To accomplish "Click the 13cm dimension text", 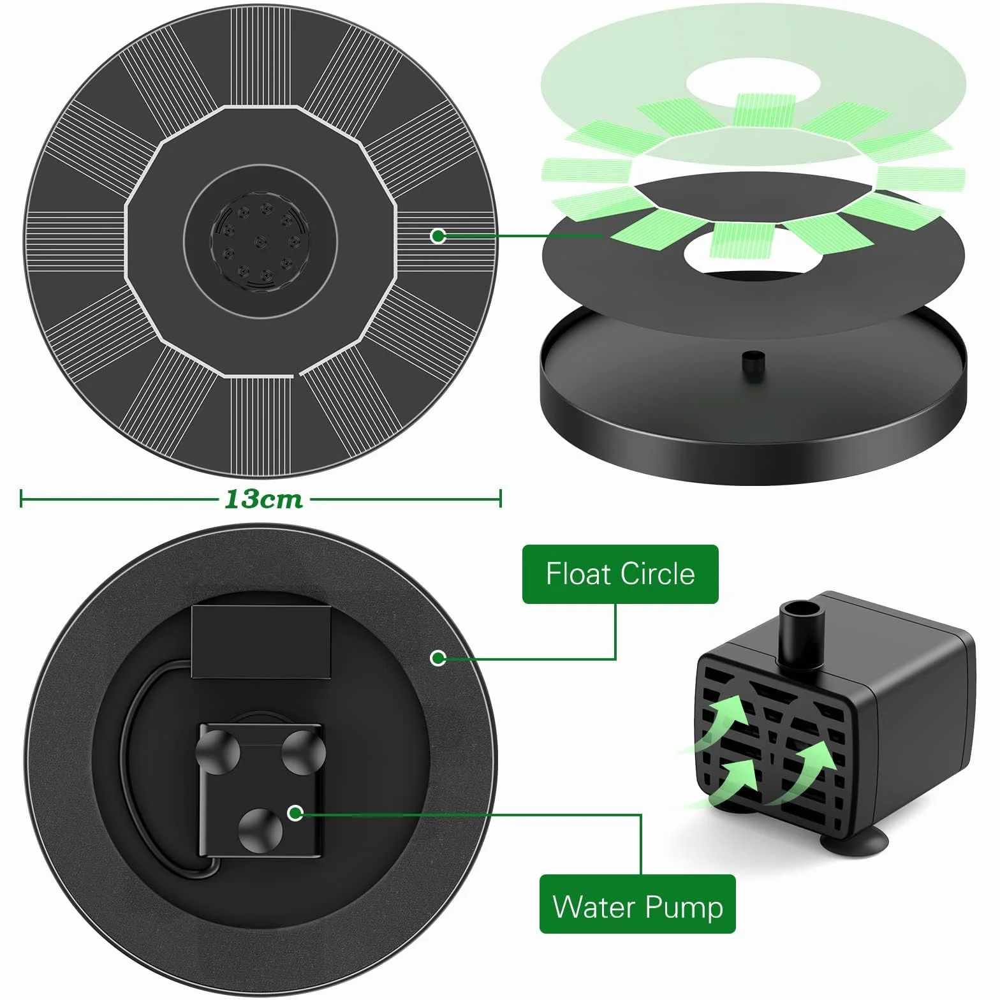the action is pyautogui.click(x=263, y=499).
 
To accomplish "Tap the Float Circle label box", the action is pyautogui.click(x=620, y=574).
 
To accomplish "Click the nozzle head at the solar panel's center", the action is pyautogui.click(x=260, y=241).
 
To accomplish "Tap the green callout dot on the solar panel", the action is pyautogui.click(x=437, y=236).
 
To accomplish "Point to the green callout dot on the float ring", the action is pyautogui.click(x=437, y=658).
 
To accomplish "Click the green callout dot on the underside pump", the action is pyautogui.click(x=295, y=812).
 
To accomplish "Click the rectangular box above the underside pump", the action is pyautogui.click(x=261, y=642).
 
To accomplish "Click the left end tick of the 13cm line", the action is pyautogui.click(x=21, y=499).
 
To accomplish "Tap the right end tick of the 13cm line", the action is pyautogui.click(x=501, y=499).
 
